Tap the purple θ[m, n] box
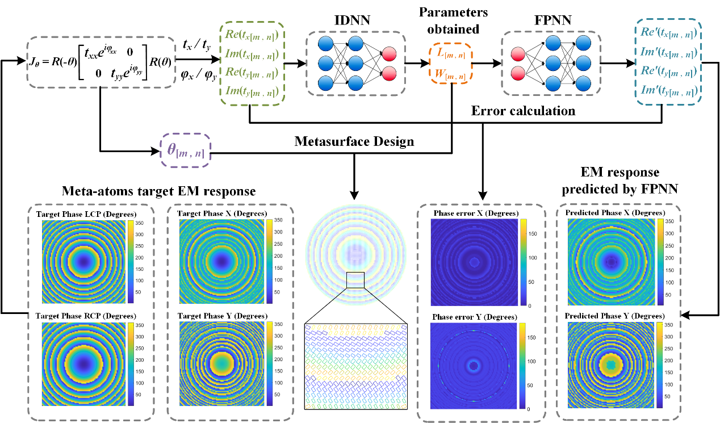(185, 150)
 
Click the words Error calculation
(523, 111)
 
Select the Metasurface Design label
(354, 141)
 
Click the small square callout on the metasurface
(355, 279)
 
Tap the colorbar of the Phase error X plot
(524, 262)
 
